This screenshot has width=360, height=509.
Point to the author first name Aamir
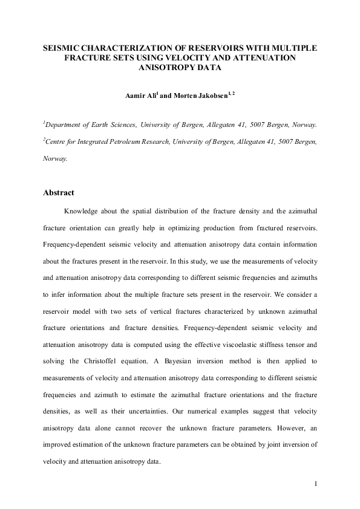pyautogui.click(x=136, y=96)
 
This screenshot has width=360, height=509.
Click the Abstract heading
pyautogui.click(x=58, y=193)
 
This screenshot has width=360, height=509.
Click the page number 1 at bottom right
pyautogui.click(x=316, y=484)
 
